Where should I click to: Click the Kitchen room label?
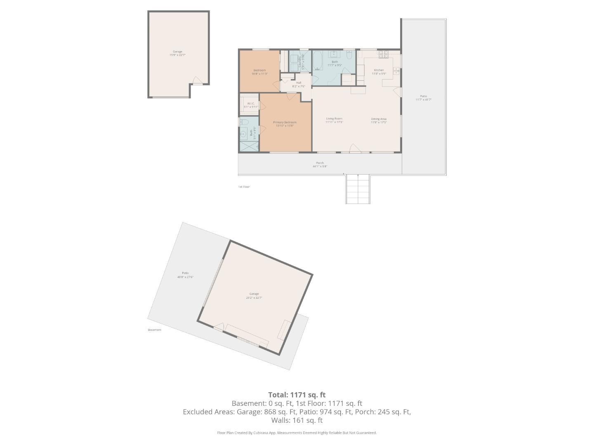tap(378, 70)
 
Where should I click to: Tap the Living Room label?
tap(334, 119)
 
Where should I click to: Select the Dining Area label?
tap(378, 119)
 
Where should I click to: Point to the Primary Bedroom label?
tap(285, 122)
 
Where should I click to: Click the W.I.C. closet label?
tap(251, 103)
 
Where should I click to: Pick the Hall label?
tap(299, 83)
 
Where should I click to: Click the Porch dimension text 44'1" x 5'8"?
tap(320, 166)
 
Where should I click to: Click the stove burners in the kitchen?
tap(384, 54)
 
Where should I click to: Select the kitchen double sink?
tap(396, 71)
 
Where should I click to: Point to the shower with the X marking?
tap(248, 146)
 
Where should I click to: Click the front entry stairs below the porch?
tap(358, 189)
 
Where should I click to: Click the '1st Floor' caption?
tap(244, 187)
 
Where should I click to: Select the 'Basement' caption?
tap(155, 330)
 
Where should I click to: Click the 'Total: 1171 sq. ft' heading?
tap(297, 395)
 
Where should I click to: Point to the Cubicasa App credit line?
tap(297, 433)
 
